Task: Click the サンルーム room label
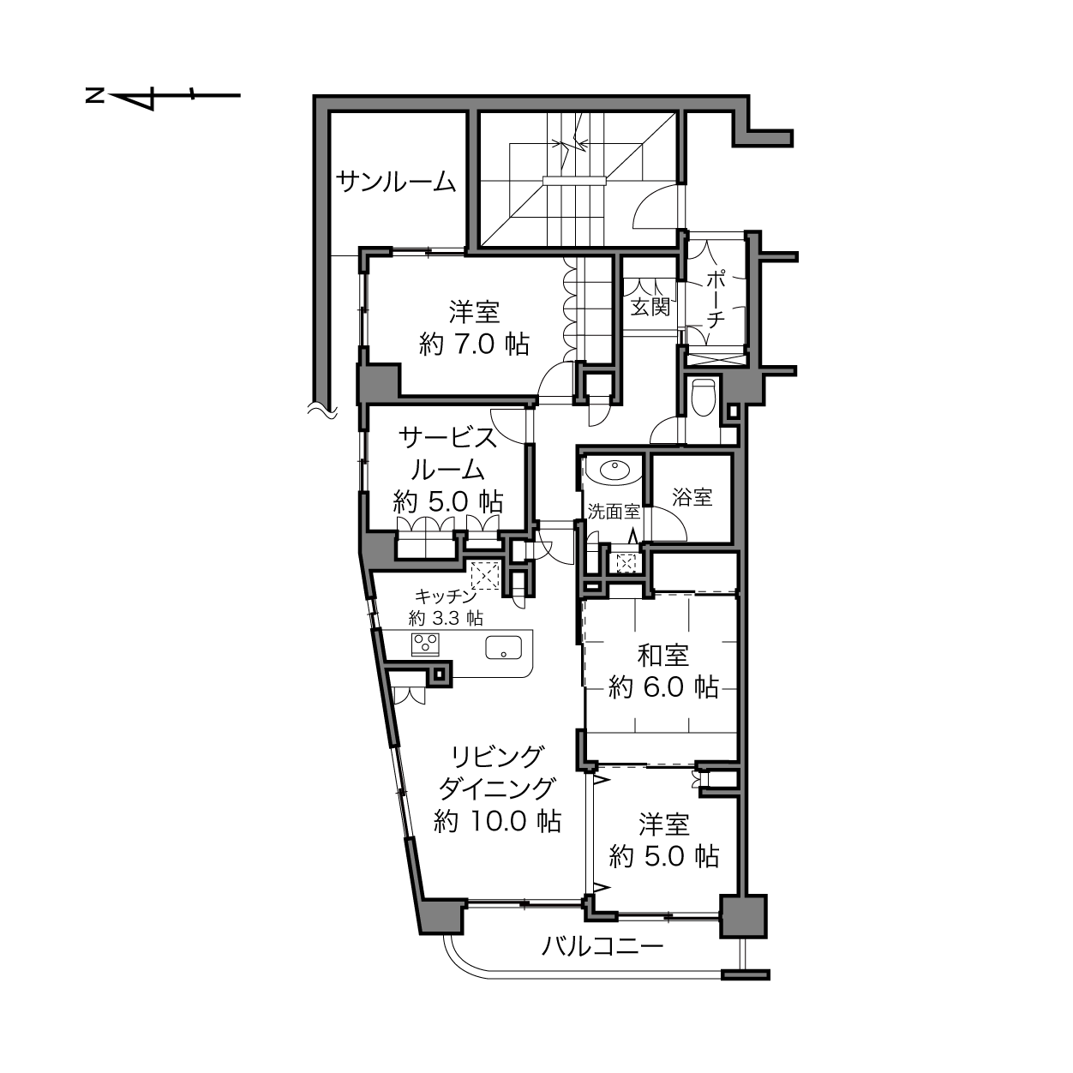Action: (396, 182)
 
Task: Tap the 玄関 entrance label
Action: (650, 307)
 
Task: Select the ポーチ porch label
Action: (716, 300)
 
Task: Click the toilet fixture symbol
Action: (702, 397)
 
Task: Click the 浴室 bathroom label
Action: (692, 497)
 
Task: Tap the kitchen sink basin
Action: (503, 648)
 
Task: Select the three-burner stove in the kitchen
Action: (425, 644)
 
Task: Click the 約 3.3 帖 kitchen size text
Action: (446, 618)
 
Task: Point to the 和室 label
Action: (663, 656)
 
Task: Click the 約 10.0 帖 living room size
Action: (497, 821)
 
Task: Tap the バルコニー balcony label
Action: (602, 946)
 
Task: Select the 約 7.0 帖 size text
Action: (474, 345)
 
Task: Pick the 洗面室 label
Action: (614, 512)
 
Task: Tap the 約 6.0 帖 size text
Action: (663, 688)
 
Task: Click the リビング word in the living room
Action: (497, 756)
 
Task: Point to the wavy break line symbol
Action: (323, 411)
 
